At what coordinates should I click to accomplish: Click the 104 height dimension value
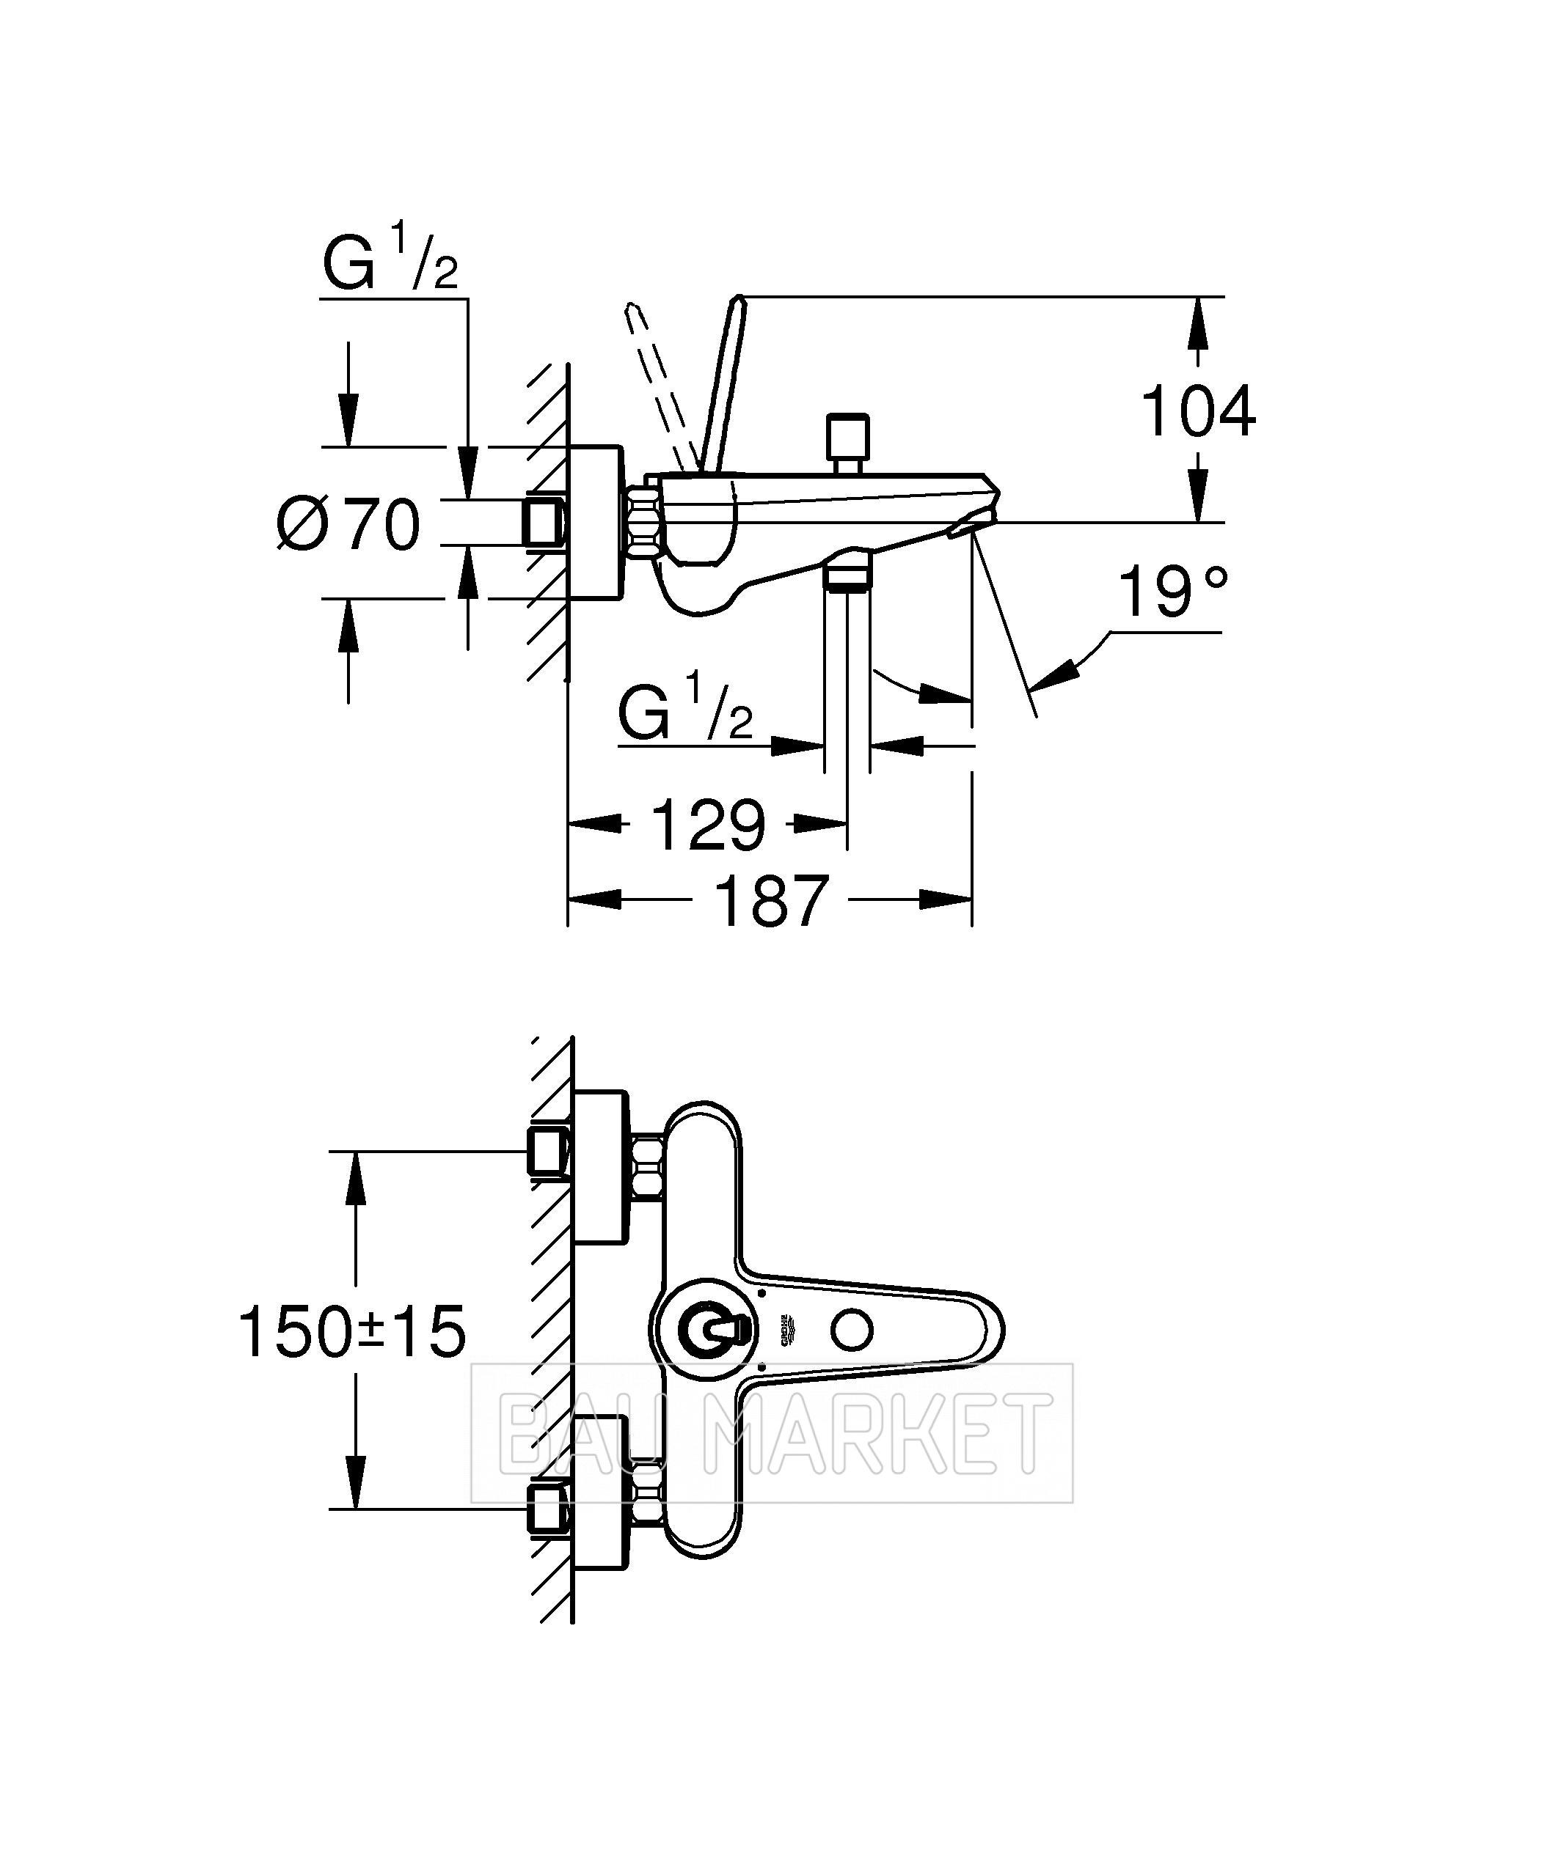click(1197, 412)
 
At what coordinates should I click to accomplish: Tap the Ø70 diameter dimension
click(348, 523)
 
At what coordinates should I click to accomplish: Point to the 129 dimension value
click(708, 825)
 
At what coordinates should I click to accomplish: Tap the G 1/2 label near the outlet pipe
click(685, 706)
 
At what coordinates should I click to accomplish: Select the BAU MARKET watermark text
click(772, 1432)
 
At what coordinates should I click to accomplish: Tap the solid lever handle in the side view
click(721, 383)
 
